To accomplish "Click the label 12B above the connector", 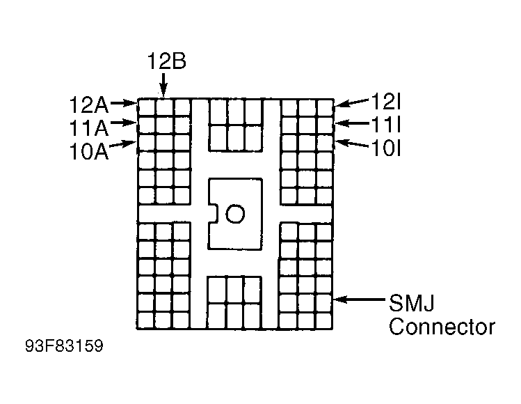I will pos(166,61).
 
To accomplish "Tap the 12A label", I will pos(89,105).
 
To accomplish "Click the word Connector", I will pos(442,327).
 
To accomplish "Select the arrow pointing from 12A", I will pos(123,103).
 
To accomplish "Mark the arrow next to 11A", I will pos(123,124).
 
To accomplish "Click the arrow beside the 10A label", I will pos(123,144).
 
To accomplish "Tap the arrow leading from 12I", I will pos(351,104).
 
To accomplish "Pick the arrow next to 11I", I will pos(351,125).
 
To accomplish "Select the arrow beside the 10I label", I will pos(351,145).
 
